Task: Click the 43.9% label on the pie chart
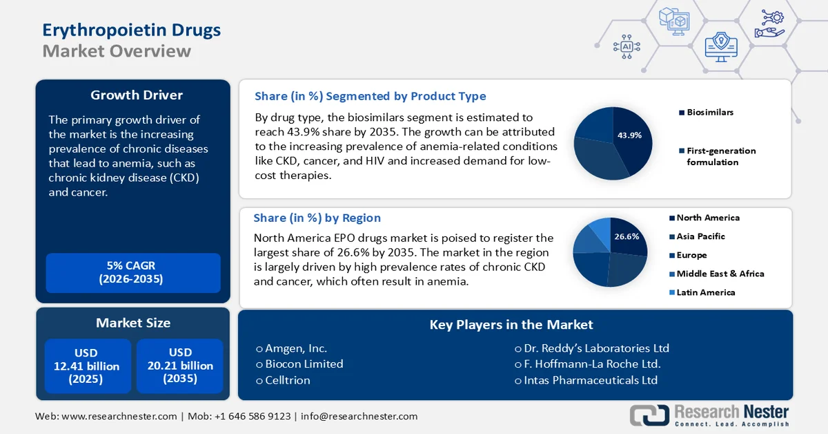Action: pos(629,135)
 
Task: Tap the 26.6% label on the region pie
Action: pos(626,236)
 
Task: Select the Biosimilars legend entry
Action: pos(710,112)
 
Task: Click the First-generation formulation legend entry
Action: pos(720,156)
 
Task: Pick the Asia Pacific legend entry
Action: pos(700,236)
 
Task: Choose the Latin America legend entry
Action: pos(705,292)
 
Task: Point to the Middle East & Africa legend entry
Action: pos(720,274)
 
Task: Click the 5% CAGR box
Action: pos(133,273)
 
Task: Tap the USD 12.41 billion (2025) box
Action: pos(87,366)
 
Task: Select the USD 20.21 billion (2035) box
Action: pos(180,366)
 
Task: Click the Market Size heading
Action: pos(133,323)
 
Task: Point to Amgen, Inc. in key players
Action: pos(296,348)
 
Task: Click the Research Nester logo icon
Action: pos(649,415)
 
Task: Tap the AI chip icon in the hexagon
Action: pos(627,46)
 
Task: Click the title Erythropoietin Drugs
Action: pos(132,30)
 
